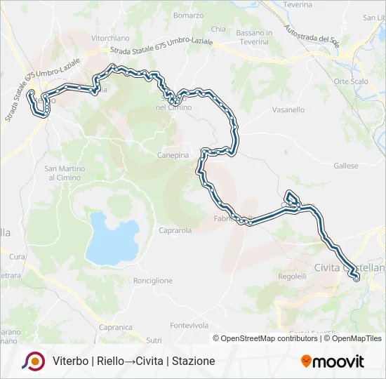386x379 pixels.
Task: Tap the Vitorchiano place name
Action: [x=111, y=38]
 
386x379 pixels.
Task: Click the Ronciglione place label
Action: [x=152, y=281]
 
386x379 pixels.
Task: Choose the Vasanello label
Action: [x=288, y=110]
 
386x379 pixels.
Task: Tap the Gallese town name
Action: [x=346, y=166]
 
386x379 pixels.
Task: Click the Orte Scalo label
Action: [x=351, y=81]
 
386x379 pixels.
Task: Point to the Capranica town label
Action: [x=116, y=327]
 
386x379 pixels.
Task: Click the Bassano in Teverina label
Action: [x=254, y=37]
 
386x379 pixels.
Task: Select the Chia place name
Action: [x=218, y=29]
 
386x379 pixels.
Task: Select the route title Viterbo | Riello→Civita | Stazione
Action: [x=133, y=361]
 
